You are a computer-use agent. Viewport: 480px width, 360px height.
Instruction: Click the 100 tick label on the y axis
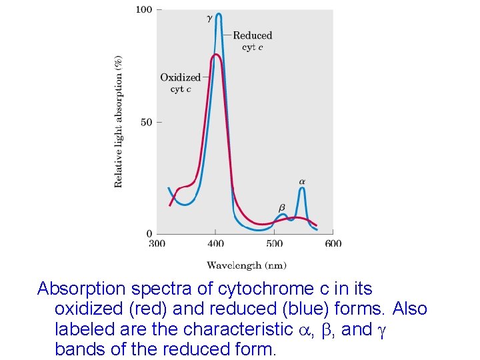[143, 10]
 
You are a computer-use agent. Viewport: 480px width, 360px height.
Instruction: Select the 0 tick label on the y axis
[149, 234]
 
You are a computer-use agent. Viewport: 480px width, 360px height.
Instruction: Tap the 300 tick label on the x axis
[157, 243]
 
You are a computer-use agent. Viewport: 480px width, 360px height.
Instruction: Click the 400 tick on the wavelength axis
[215, 243]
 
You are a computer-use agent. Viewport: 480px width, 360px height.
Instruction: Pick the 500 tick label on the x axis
[275, 243]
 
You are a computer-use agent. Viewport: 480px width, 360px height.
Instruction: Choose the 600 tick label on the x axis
[333, 243]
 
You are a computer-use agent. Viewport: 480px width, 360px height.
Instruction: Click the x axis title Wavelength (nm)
[247, 265]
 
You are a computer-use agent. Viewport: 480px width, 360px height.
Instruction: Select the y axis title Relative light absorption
[119, 121]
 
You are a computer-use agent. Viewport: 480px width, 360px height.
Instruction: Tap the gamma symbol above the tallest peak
[210, 19]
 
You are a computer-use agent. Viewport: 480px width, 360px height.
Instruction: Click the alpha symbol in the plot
[302, 181]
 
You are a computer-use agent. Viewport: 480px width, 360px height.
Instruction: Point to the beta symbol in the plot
[281, 208]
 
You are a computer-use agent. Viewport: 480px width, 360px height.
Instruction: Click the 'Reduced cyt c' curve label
[252, 41]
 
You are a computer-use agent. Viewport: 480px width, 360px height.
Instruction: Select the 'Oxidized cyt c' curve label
[180, 83]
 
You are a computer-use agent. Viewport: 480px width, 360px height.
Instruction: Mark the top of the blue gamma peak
[219, 14]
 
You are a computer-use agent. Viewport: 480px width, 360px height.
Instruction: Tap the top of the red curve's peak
[215, 55]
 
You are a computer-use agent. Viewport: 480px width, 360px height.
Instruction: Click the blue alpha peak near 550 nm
[302, 189]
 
